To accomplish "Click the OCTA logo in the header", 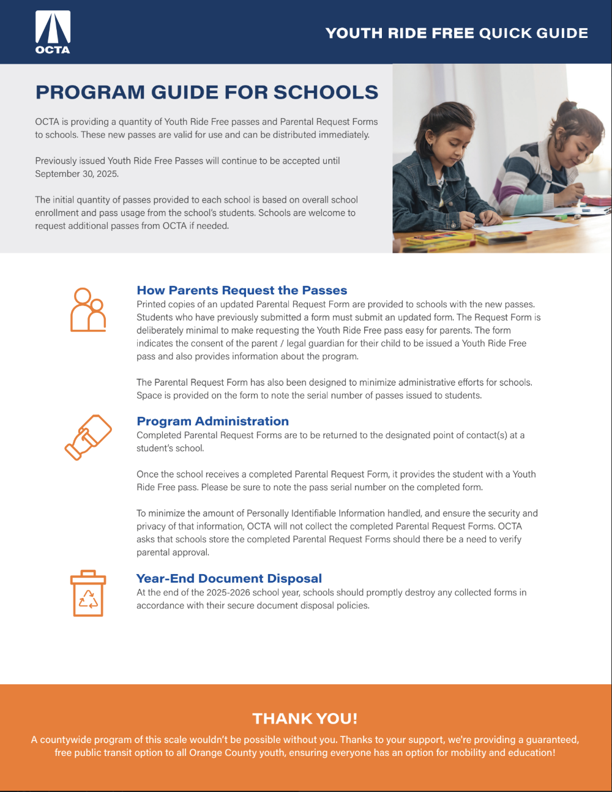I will coord(53,32).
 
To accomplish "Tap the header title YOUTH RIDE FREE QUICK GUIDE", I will coord(457,33).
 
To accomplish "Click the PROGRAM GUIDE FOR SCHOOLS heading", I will coord(207,92).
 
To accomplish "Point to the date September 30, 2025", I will coord(76,174).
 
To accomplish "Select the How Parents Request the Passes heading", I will coord(242,291).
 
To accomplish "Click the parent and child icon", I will coord(88,310).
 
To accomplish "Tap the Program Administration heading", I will coord(212,421).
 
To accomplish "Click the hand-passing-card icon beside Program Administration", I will coord(88,437).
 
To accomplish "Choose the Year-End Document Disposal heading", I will coord(229,578).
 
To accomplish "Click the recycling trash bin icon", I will coord(88,593).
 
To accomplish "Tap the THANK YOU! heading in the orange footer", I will coord(305,719).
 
